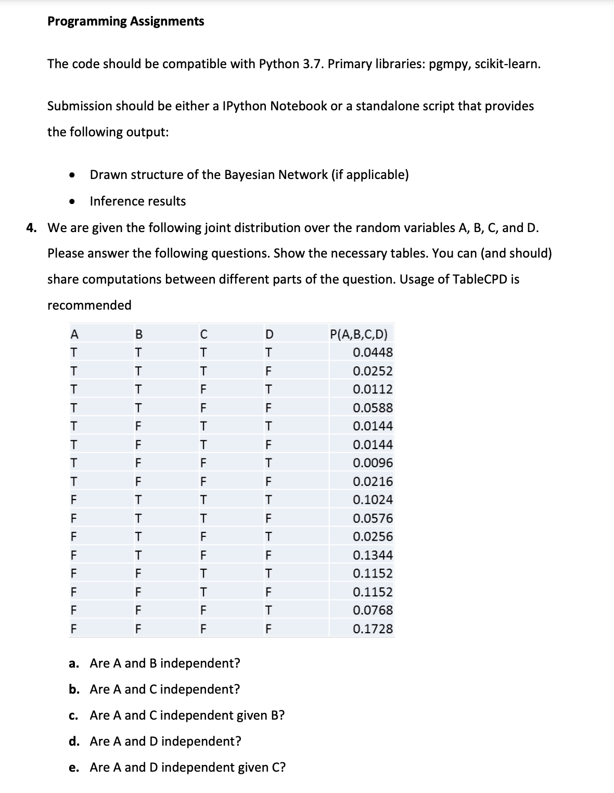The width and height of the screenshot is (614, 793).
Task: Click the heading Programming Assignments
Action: pyautogui.click(x=125, y=21)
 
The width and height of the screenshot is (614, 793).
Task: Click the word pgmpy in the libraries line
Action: pyautogui.click(x=450, y=64)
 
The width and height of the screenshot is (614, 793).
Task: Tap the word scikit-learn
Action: pyautogui.click(x=508, y=64)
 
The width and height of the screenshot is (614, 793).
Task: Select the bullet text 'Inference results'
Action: pyautogui.click(x=137, y=201)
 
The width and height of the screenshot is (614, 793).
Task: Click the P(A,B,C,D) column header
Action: pyautogui.click(x=359, y=334)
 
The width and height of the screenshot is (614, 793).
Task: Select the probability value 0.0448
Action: pyautogui.click(x=373, y=353)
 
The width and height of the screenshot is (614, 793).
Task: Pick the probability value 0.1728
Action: pyautogui.click(x=373, y=629)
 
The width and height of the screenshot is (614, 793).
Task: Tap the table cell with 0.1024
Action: pyautogui.click(x=373, y=500)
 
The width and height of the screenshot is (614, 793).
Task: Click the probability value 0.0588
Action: pyautogui.click(x=373, y=408)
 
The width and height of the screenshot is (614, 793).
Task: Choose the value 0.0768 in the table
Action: pyautogui.click(x=373, y=610)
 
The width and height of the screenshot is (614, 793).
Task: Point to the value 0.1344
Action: pyautogui.click(x=373, y=555)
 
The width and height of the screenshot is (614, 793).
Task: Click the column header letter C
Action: pyautogui.click(x=203, y=334)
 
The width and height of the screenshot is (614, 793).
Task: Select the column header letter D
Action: pyautogui.click(x=268, y=334)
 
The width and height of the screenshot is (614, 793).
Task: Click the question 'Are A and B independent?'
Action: pyautogui.click(x=165, y=663)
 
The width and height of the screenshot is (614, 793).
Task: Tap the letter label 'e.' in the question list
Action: pyautogui.click(x=74, y=768)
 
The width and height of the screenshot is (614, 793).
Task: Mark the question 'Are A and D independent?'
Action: pyautogui.click(x=165, y=741)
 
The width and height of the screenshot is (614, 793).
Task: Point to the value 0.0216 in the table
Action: pyautogui.click(x=373, y=482)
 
